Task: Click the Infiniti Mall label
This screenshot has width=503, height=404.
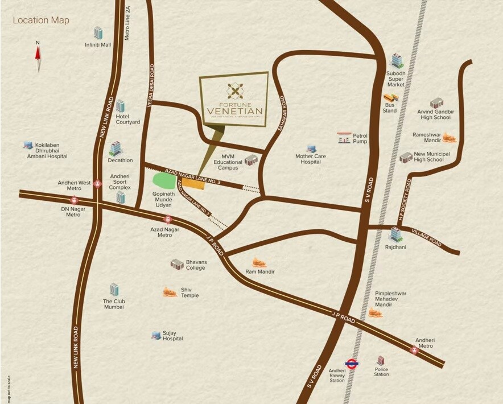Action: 98,44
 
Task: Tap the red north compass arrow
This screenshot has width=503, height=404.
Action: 38,53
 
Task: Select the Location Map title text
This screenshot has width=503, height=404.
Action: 41,20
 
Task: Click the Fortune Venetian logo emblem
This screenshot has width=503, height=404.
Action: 234,90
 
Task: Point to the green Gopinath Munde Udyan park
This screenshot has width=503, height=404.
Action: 165,181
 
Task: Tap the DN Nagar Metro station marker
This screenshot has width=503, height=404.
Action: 74,200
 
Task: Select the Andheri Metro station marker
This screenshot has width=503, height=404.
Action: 415,351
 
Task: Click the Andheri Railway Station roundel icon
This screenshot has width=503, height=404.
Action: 351,364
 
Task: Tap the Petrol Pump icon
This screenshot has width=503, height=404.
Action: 344,138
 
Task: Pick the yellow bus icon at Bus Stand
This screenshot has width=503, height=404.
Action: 390,98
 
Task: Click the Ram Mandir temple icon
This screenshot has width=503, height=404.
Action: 259,262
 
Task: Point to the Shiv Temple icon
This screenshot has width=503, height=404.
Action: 170,292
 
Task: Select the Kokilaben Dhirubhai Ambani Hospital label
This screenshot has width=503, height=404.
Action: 47,153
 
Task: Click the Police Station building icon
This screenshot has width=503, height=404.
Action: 381,361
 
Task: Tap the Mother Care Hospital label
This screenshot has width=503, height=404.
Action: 311,159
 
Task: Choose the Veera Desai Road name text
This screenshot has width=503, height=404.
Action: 151,85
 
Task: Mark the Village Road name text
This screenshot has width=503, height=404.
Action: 427,238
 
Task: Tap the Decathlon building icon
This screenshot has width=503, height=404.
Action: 116,149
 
